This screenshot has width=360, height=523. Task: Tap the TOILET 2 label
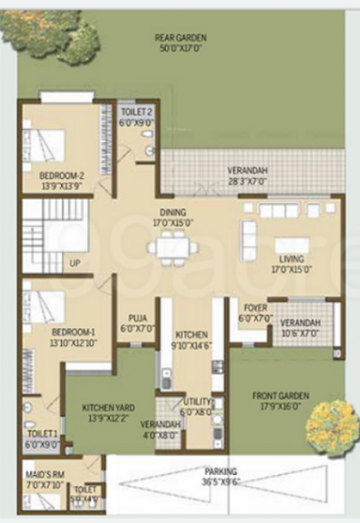coord(138,112)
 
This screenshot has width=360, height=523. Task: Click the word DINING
coord(173,212)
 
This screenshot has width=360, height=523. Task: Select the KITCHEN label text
coord(191,335)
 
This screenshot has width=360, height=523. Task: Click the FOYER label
coord(255,308)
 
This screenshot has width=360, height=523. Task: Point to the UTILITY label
coord(195,403)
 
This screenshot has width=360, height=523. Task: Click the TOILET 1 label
coord(42,433)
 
